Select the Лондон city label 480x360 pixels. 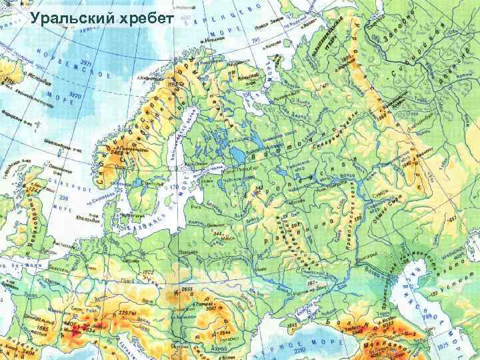pos(48,251)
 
